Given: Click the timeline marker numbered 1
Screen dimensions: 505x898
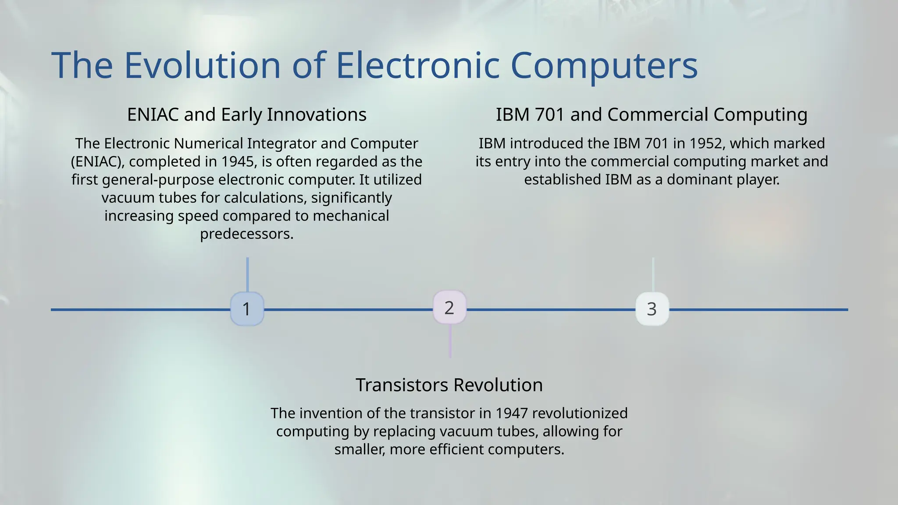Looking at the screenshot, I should tap(247, 309).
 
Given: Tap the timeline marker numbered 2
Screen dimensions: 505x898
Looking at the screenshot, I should tap(449, 308).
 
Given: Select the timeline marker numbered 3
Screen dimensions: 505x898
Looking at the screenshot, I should tap(652, 309).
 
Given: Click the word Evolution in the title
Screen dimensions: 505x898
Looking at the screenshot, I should tap(202, 65).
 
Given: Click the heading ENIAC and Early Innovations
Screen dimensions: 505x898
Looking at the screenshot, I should tap(247, 114).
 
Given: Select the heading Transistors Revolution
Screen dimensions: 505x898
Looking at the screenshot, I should tap(449, 385).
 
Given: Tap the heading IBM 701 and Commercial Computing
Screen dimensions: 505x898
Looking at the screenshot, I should tap(652, 114).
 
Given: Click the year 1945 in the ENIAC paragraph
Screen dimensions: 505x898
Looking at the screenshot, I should tap(237, 162).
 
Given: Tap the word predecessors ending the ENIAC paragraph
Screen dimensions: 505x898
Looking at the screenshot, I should tap(246, 234).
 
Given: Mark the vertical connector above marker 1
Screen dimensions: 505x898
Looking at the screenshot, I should tap(247, 274).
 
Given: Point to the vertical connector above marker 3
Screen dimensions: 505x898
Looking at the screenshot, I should tap(652, 274).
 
